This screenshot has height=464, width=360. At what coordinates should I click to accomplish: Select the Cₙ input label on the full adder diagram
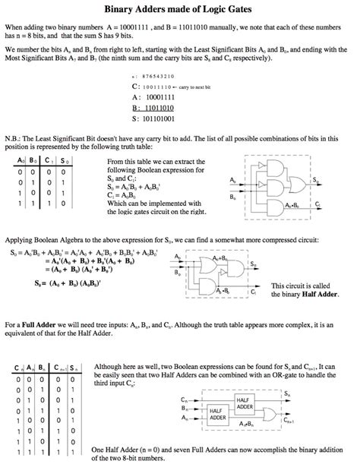[185, 399]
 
